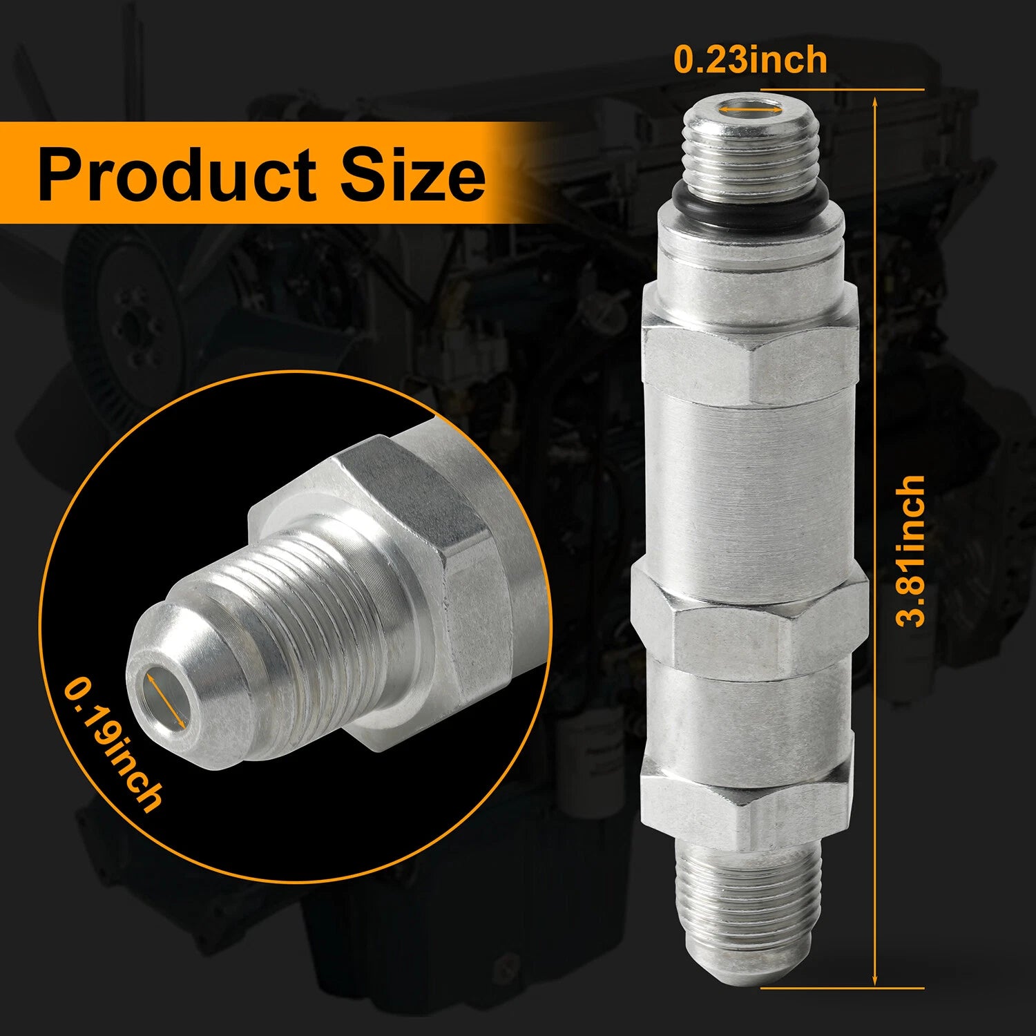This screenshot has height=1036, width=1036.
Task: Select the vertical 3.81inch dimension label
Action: point(910,550)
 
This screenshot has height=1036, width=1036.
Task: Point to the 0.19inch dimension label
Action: point(114,744)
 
